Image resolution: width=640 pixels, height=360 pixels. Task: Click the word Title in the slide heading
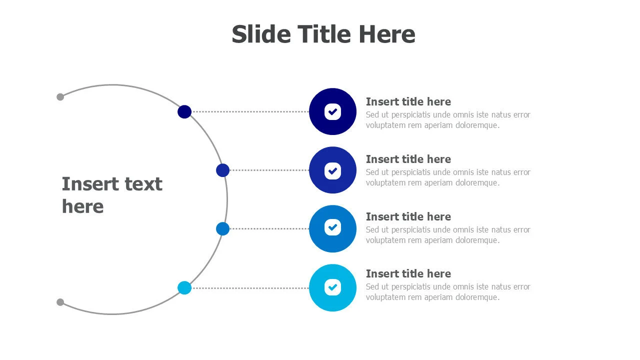pyautogui.click(x=324, y=34)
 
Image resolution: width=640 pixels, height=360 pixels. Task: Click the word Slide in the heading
pyautogui.click(x=261, y=34)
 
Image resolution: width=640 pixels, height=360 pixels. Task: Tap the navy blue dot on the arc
pyautogui.click(x=184, y=111)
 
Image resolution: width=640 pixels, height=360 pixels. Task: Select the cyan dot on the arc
pyautogui.click(x=184, y=287)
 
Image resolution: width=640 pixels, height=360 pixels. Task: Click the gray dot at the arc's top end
pyautogui.click(x=60, y=97)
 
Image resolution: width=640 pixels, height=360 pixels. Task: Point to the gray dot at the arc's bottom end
pyautogui.click(x=60, y=302)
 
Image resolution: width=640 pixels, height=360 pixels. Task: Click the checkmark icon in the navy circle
pyautogui.click(x=332, y=111)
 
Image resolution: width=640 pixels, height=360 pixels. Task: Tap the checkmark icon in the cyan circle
pyautogui.click(x=332, y=287)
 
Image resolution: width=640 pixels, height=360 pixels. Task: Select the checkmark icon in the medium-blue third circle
pyautogui.click(x=332, y=227)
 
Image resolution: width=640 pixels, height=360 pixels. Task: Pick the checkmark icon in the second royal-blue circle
pyautogui.click(x=332, y=171)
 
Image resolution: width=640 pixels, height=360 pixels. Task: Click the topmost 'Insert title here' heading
pyautogui.click(x=408, y=101)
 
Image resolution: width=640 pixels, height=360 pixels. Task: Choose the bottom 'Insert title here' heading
pyautogui.click(x=408, y=273)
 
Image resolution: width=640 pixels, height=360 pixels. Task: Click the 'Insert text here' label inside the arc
pyautogui.click(x=112, y=195)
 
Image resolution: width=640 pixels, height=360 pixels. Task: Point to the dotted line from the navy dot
pyautogui.click(x=250, y=111)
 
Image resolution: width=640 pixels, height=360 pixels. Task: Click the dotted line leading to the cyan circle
pyautogui.click(x=250, y=288)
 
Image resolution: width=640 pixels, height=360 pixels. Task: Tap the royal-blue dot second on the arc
pyautogui.click(x=223, y=170)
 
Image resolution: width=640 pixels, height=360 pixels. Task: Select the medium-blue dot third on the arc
pyautogui.click(x=223, y=228)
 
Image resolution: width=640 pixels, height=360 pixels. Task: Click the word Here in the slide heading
pyautogui.click(x=387, y=34)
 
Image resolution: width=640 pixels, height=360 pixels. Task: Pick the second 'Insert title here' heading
pyautogui.click(x=408, y=159)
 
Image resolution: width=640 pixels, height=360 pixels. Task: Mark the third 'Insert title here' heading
pyautogui.click(x=408, y=216)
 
